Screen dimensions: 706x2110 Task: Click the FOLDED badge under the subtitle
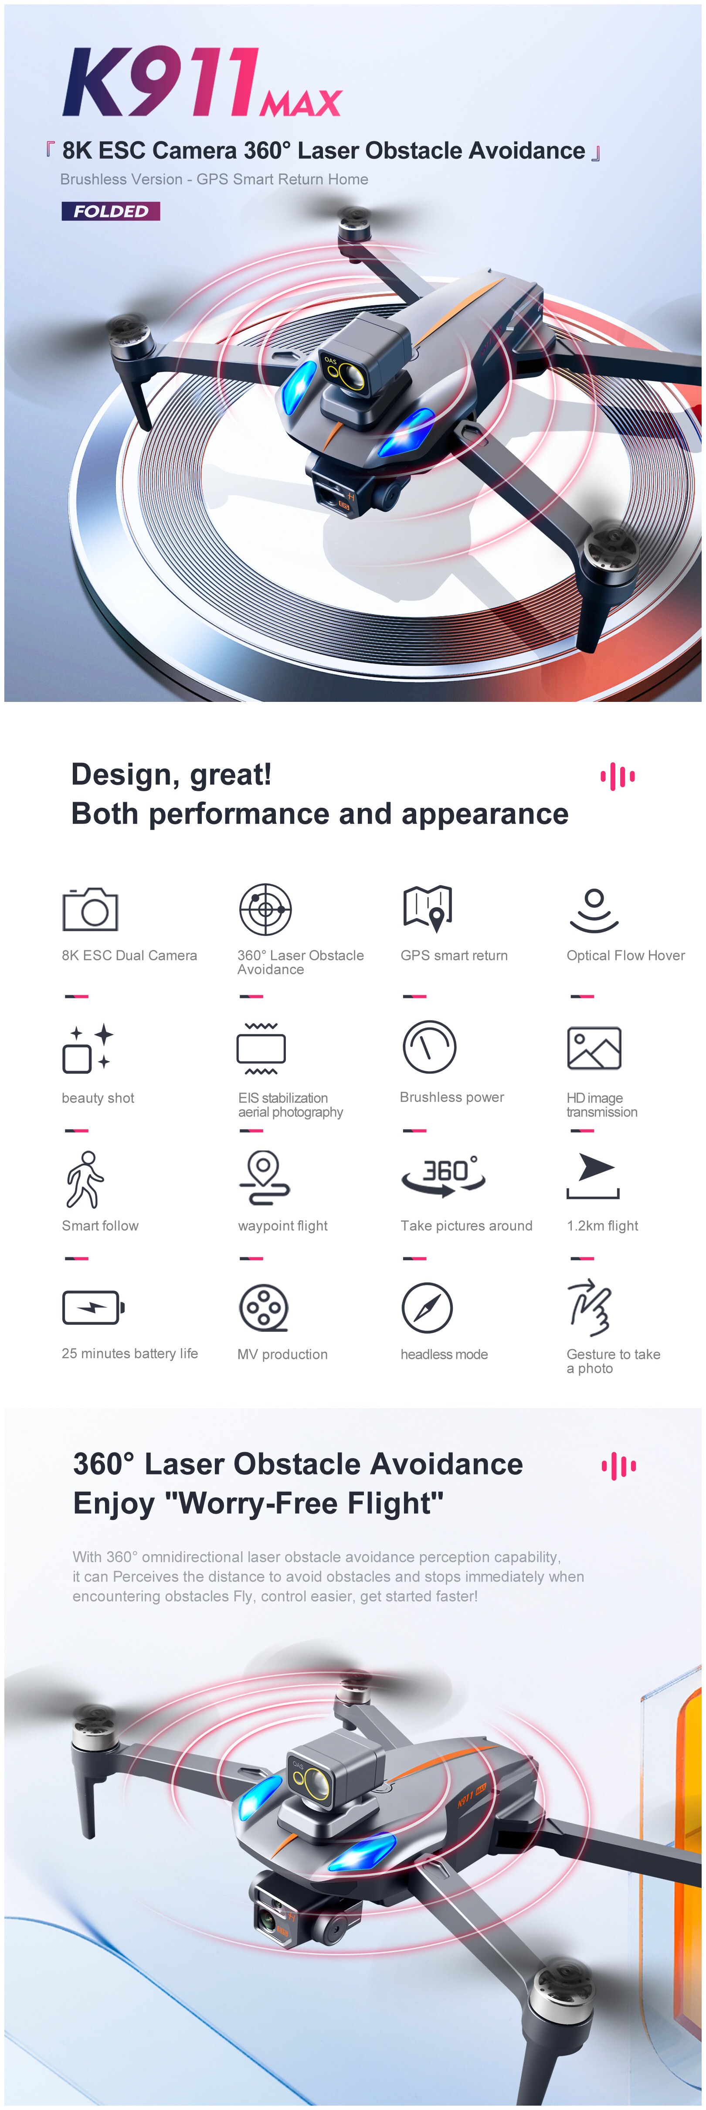[111, 211]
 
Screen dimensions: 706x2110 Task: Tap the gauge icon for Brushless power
[429, 1047]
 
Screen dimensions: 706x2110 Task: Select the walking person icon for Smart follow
[85, 1180]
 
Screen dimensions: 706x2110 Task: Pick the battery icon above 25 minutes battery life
[93, 1307]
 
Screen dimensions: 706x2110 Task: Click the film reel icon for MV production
[264, 1307]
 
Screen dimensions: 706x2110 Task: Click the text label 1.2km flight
[602, 1225]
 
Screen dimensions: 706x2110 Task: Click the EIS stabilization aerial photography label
[291, 1105]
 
